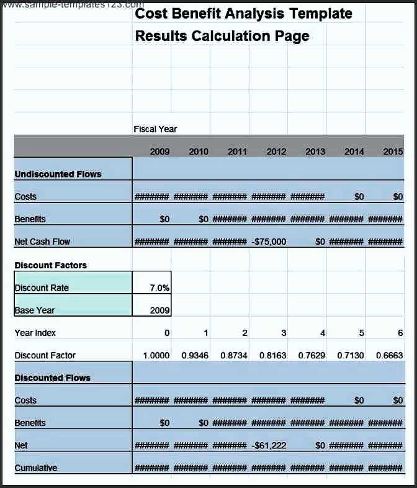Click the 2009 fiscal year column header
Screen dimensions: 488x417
click(159, 151)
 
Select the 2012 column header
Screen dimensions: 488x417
click(276, 151)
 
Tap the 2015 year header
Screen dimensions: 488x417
click(393, 151)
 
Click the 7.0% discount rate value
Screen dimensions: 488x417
click(159, 288)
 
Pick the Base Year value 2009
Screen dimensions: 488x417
click(159, 310)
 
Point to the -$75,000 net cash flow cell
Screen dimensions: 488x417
click(269, 242)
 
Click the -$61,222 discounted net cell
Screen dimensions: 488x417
click(269, 446)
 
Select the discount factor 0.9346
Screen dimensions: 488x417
click(195, 356)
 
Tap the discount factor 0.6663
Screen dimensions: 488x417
click(390, 356)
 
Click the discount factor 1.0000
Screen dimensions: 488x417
click(156, 356)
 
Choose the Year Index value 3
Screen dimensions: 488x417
click(284, 333)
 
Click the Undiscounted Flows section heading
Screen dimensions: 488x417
click(58, 174)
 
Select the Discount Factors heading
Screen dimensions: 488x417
click(51, 266)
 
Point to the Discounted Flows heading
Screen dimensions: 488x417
click(52, 378)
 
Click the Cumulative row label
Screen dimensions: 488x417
click(36, 468)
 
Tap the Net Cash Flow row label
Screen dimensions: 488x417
click(42, 242)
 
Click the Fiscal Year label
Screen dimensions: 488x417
click(155, 129)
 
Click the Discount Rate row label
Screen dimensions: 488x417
click(42, 288)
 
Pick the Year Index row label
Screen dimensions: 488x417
click(35, 333)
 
